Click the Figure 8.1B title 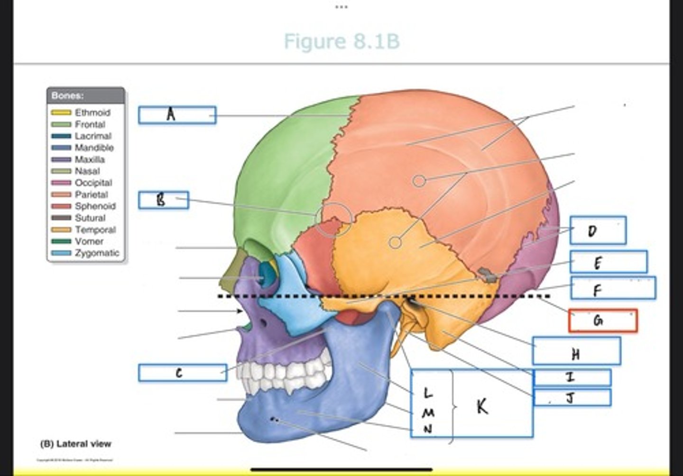pos(341,41)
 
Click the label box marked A pos(177,115)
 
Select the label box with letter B pos(163,200)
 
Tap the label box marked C pos(182,373)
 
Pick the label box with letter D pos(598,230)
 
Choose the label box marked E pos(609,262)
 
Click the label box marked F pos(613,288)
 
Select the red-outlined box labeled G pos(602,321)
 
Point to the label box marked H pos(576,352)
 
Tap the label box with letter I pos(572,377)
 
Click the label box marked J pos(572,397)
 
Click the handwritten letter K pos(482,406)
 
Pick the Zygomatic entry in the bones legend pos(97,253)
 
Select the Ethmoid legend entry pos(92,113)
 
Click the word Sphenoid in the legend pos(95,206)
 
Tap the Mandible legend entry pos(94,148)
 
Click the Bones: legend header pos(68,95)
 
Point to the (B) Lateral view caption pos(76,444)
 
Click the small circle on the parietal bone pos(418,181)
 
